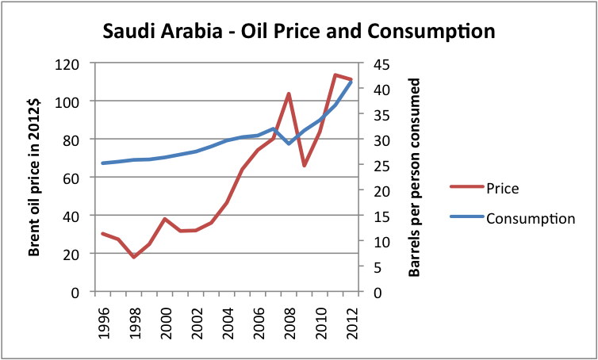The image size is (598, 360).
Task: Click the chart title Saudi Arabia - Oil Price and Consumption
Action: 298,32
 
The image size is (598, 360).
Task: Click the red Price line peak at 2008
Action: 289,94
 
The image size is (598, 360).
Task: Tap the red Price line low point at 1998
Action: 134,257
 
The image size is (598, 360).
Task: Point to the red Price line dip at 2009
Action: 304,165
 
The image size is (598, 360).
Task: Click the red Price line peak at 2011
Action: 335,75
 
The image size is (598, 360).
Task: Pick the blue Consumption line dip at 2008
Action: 289,143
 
